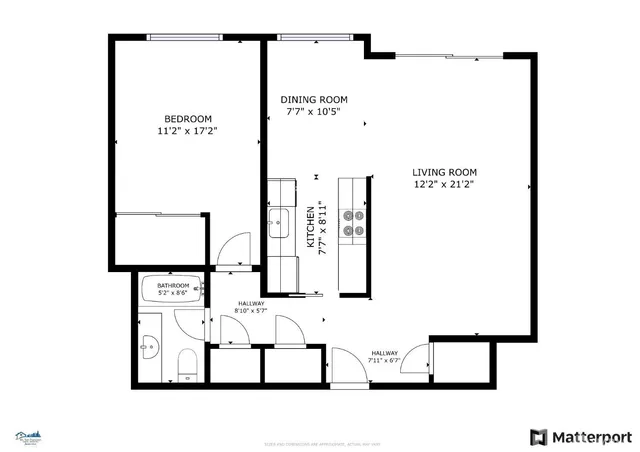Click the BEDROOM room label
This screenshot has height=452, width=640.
pos(187,116)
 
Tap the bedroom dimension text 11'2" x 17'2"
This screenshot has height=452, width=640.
pos(187,131)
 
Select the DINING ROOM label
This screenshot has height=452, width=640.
pos(313,99)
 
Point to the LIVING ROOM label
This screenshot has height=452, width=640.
pos(444,172)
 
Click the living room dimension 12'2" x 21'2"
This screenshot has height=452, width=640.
pos(444,184)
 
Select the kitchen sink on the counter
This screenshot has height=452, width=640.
pos(279,221)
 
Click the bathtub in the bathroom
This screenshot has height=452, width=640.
pos(174,291)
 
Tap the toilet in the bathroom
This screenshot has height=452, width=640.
pos(186,365)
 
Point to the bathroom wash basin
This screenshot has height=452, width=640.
pos(148,349)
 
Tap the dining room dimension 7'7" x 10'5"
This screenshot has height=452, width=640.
pos(313,112)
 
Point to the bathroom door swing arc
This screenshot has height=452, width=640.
pos(190,322)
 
